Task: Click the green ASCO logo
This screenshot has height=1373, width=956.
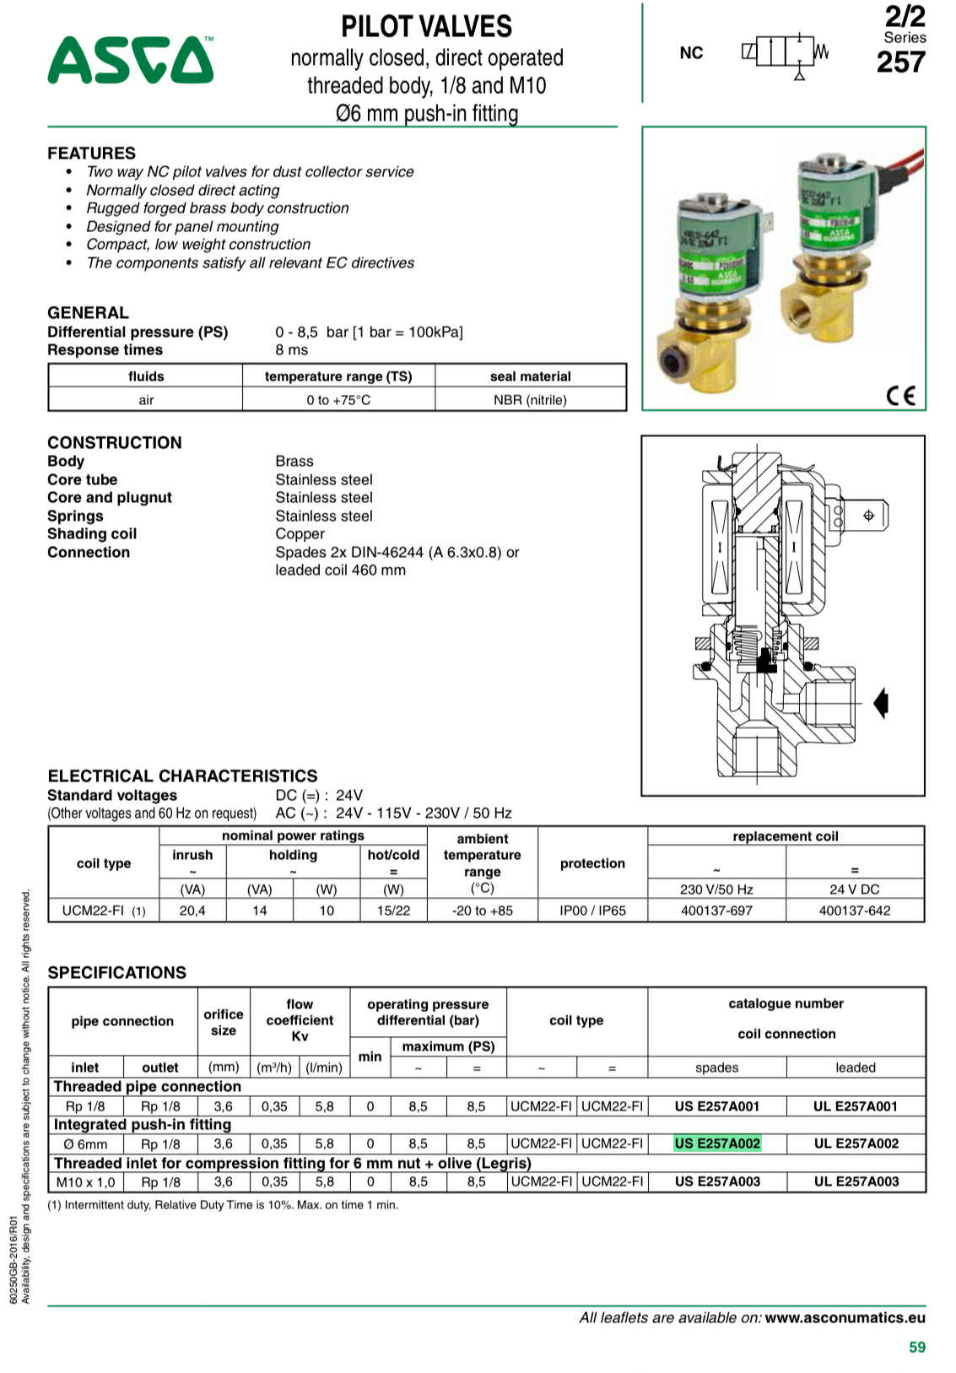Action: (x=130, y=60)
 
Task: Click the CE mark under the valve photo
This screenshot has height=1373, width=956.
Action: (x=900, y=395)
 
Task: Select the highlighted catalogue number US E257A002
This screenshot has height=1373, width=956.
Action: (x=717, y=1143)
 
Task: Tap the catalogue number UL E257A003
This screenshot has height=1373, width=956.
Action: (x=856, y=1181)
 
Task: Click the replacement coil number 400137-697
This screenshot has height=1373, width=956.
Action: (x=716, y=911)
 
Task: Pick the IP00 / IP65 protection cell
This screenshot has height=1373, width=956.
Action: (x=592, y=911)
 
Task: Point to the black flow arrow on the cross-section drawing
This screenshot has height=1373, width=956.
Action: (x=881, y=702)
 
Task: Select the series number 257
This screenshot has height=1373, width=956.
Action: (x=900, y=62)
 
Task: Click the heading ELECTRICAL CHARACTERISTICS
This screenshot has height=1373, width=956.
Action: (x=182, y=776)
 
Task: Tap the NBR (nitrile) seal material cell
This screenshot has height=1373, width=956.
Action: (x=530, y=400)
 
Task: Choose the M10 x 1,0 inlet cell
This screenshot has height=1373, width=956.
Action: (x=85, y=1181)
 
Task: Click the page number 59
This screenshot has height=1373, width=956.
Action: (x=917, y=1347)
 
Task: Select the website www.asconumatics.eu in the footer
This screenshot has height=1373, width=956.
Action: (x=845, y=1317)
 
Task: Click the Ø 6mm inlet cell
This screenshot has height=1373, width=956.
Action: (x=85, y=1144)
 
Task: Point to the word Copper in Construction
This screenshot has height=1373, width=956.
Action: (x=300, y=534)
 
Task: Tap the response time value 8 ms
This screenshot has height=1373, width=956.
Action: (x=292, y=350)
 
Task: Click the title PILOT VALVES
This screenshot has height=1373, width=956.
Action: (x=426, y=27)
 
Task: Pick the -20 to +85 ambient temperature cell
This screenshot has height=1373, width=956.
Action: (x=482, y=911)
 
